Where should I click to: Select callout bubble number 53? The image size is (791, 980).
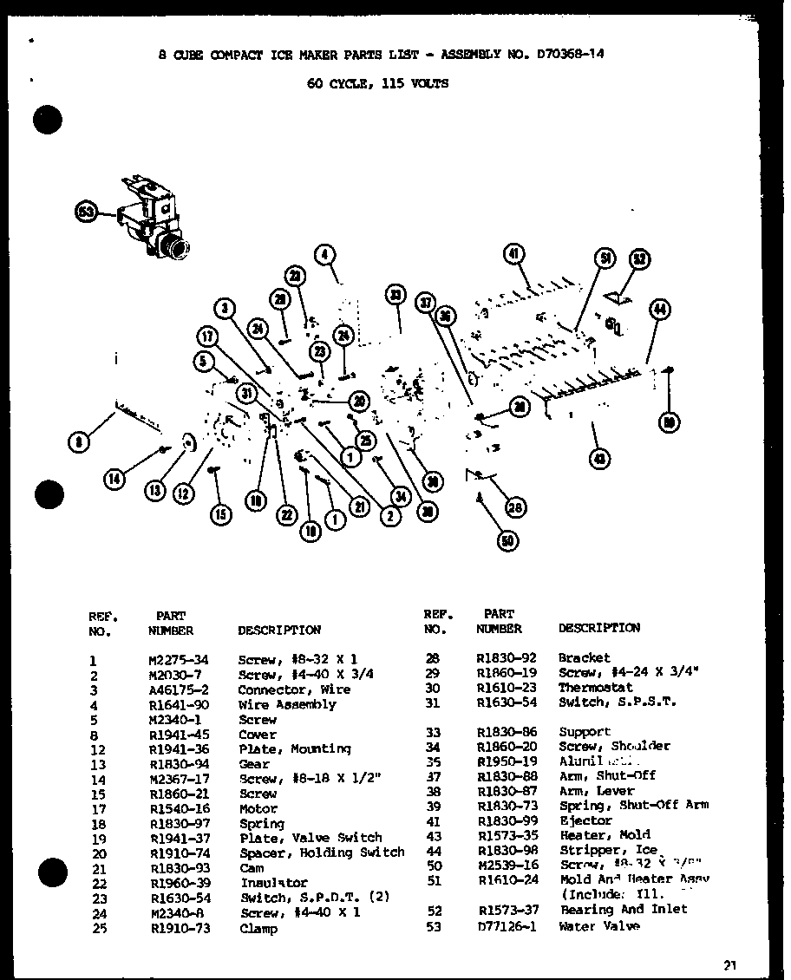coord(86,212)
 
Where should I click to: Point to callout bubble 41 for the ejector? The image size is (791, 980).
coord(513,254)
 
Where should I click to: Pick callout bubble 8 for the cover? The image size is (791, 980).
coord(79,442)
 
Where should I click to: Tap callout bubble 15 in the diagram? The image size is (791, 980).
coord(221,514)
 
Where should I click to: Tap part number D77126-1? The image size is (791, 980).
coord(507,926)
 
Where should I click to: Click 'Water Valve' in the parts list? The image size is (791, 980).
coord(599,926)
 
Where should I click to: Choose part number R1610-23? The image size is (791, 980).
coord(507,687)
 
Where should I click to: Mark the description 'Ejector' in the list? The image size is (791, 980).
coord(585,820)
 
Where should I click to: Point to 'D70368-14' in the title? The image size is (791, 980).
coord(566,54)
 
